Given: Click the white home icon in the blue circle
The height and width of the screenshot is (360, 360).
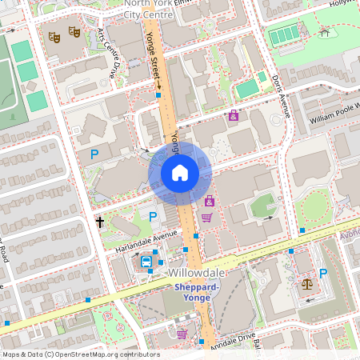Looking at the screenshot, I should click(x=179, y=173).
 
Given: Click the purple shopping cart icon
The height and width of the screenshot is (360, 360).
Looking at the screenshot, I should click(x=206, y=218).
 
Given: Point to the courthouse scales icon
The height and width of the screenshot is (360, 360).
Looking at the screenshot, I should click(x=306, y=282).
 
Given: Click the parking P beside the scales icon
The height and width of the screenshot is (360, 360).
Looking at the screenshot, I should click(x=323, y=274).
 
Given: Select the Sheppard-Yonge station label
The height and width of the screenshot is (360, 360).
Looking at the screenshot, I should click(x=192, y=293).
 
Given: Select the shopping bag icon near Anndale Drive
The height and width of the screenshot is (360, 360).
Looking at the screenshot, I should click(x=182, y=334).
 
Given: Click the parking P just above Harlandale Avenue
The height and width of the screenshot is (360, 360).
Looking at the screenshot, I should click(x=152, y=217).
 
